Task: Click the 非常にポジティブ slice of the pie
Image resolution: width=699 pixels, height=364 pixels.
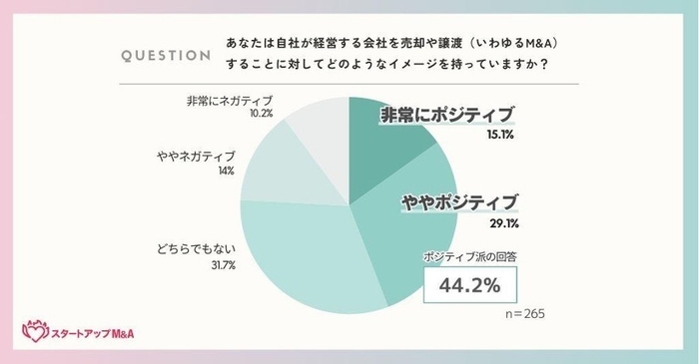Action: coord(384,140)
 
